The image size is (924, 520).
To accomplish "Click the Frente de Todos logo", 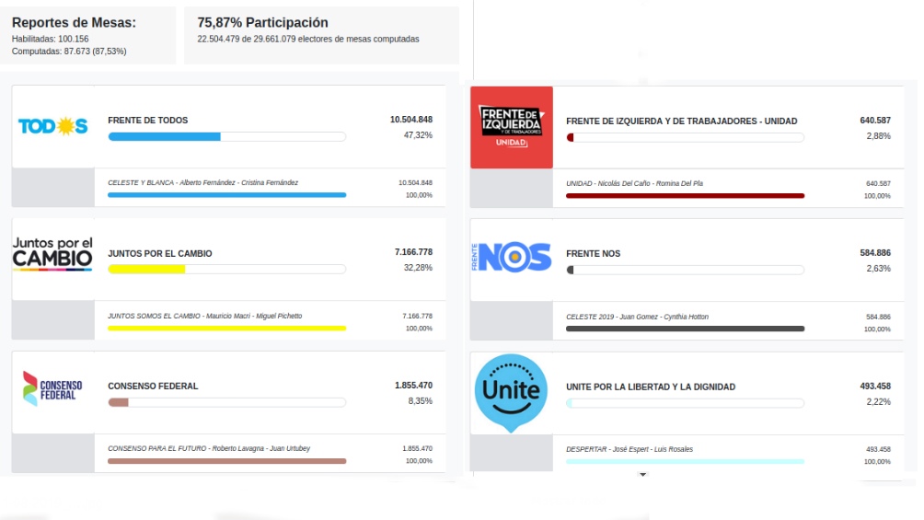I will pyautogui.click(x=52, y=127).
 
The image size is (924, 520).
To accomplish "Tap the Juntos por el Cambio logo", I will pyautogui.click(x=52, y=253).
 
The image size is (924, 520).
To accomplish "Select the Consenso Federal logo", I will pyautogui.click(x=52, y=387).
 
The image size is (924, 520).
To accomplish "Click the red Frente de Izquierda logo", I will pyautogui.click(x=512, y=127).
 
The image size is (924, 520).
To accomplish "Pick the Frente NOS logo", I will pyautogui.click(x=512, y=258).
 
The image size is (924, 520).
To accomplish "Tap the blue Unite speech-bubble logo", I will pyautogui.click(x=512, y=392).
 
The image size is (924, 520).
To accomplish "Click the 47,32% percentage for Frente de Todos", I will pyautogui.click(x=418, y=135).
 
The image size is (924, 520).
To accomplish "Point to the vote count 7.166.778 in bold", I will pyautogui.click(x=413, y=252).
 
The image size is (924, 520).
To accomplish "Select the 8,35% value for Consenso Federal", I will pyautogui.click(x=420, y=401).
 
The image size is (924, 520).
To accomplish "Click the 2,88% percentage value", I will pyautogui.click(x=878, y=136).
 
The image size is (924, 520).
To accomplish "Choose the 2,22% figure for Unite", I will pyautogui.click(x=878, y=402).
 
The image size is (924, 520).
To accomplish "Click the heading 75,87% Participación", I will pyautogui.click(x=262, y=23).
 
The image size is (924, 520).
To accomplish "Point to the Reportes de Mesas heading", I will pyautogui.click(x=74, y=23).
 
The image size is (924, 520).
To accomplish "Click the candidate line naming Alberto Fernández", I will pyautogui.click(x=202, y=183).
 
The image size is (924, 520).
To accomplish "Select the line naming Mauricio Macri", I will pyautogui.click(x=204, y=316).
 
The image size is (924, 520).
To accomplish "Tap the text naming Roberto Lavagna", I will pyautogui.click(x=209, y=448).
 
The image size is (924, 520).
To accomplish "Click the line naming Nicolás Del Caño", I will pyautogui.click(x=634, y=183).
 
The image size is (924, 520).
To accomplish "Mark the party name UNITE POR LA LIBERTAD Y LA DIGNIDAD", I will pyautogui.click(x=651, y=387).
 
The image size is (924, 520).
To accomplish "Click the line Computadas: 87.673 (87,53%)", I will pyautogui.click(x=69, y=52).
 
